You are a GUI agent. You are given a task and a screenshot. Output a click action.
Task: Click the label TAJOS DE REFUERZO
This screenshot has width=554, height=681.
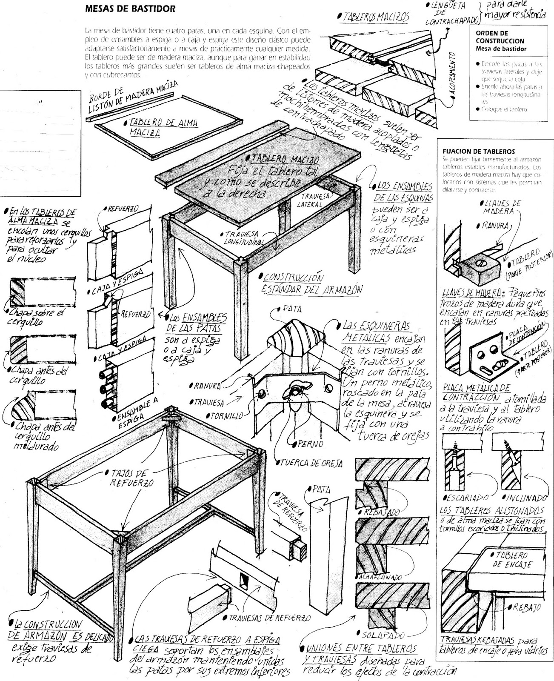(125, 478)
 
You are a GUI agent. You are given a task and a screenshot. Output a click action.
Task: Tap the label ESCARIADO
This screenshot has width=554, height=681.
(464, 497)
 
